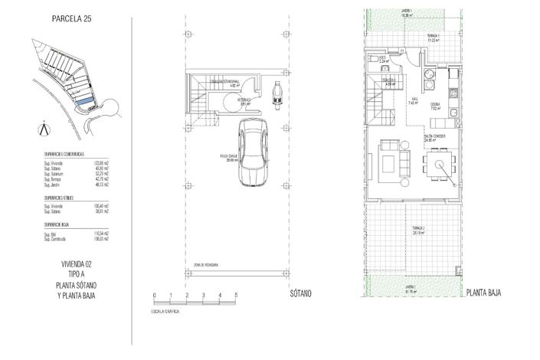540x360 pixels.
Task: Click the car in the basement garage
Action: (252, 152)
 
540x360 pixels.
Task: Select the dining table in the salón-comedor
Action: (439, 162)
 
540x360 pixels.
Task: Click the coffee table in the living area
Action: (403, 162)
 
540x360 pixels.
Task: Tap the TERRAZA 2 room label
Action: (417, 230)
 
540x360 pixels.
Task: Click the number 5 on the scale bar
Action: (236, 295)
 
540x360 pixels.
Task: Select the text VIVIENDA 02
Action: (76, 264)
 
